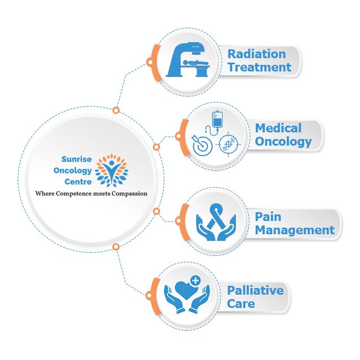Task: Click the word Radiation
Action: [256, 54]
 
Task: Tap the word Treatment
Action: [259, 68]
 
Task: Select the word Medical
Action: [278, 128]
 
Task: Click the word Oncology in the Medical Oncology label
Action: [283, 142]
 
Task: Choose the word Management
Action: [295, 230]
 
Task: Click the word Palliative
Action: [255, 290]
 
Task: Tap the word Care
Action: [241, 304]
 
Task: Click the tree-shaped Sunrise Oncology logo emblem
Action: [111, 169]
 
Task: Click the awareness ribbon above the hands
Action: [216, 215]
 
